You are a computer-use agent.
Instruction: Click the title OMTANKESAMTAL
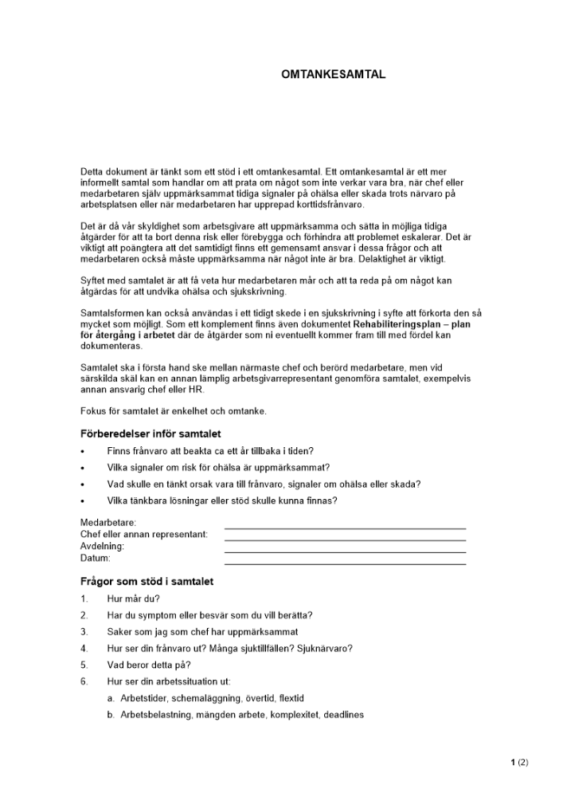(x=333, y=74)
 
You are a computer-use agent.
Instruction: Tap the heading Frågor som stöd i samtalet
(x=147, y=582)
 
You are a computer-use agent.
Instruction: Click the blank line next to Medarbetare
(x=345, y=527)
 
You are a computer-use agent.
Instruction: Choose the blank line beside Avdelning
(x=345, y=551)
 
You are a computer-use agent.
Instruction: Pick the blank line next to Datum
(x=345, y=563)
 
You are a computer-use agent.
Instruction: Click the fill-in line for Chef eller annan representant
(x=345, y=539)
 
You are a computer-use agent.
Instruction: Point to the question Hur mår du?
(x=134, y=599)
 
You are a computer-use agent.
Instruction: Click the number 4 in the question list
(x=84, y=648)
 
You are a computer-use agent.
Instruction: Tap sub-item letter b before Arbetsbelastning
(x=111, y=715)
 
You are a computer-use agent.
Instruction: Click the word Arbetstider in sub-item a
(x=141, y=698)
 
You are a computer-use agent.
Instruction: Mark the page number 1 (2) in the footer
(x=519, y=763)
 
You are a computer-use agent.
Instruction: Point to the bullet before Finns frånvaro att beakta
(x=83, y=451)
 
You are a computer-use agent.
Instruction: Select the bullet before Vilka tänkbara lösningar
(x=83, y=501)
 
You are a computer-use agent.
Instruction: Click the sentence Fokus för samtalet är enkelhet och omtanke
(x=174, y=411)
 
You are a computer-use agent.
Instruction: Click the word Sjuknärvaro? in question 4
(x=325, y=648)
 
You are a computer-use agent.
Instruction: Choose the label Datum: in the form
(x=96, y=559)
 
